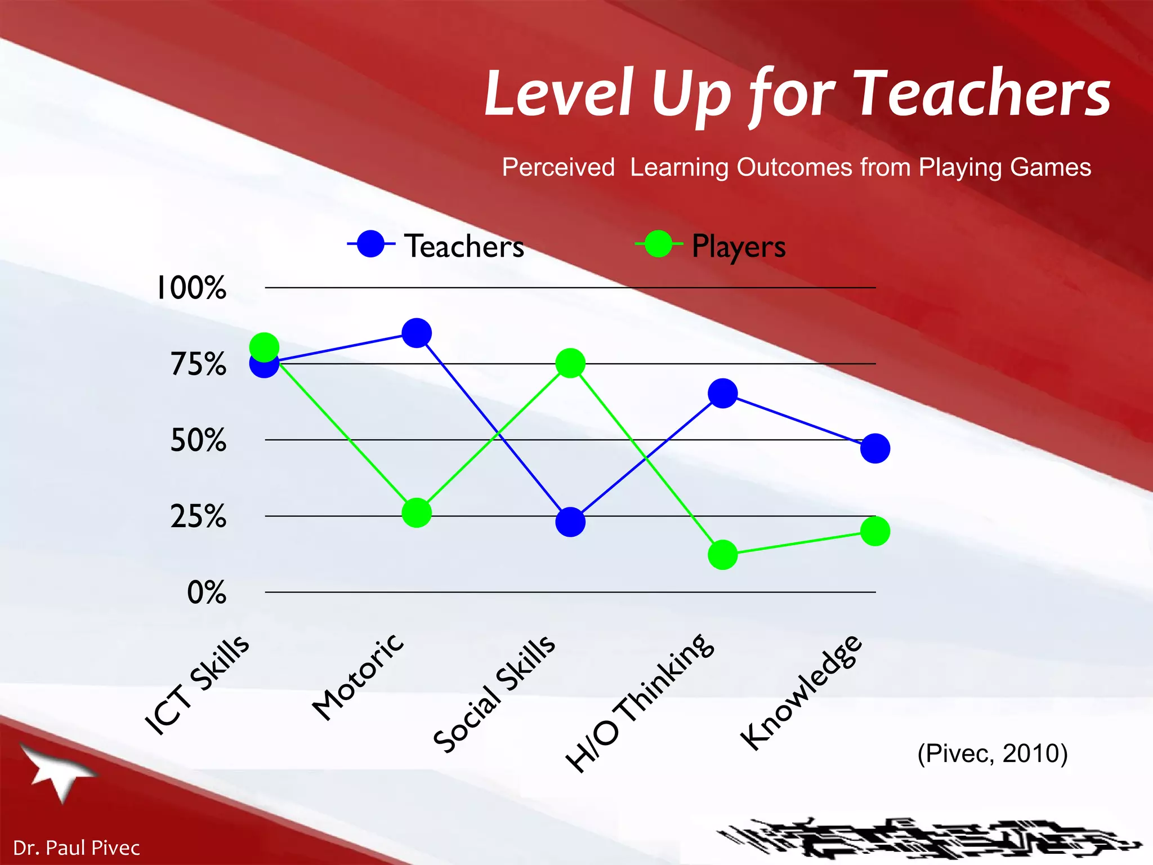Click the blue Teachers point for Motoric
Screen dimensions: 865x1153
tap(417, 333)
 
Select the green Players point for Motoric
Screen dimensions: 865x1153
tap(417, 512)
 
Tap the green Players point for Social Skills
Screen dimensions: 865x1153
tap(570, 363)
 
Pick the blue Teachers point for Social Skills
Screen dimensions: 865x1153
tap(570, 522)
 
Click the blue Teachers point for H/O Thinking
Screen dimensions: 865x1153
tap(723, 393)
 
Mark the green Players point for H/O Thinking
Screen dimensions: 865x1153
tap(723, 555)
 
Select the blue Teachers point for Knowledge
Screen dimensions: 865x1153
tap(875, 448)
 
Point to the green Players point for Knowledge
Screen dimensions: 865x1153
tap(875, 531)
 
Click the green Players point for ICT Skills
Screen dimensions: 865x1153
tap(264, 347)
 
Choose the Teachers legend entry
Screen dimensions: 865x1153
tap(436, 246)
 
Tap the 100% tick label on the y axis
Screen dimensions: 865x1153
tap(191, 288)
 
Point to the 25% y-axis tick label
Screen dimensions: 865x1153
tap(198, 516)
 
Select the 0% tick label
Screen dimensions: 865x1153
tap(207, 592)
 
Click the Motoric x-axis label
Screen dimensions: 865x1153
tap(358, 677)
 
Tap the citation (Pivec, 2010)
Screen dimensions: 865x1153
tap(993, 753)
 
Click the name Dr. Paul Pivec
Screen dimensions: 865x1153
tap(76, 848)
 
